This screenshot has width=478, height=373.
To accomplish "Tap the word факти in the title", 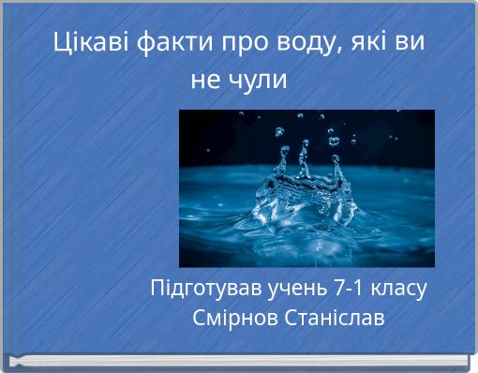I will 175,43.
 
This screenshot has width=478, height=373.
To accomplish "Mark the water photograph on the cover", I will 306,187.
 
